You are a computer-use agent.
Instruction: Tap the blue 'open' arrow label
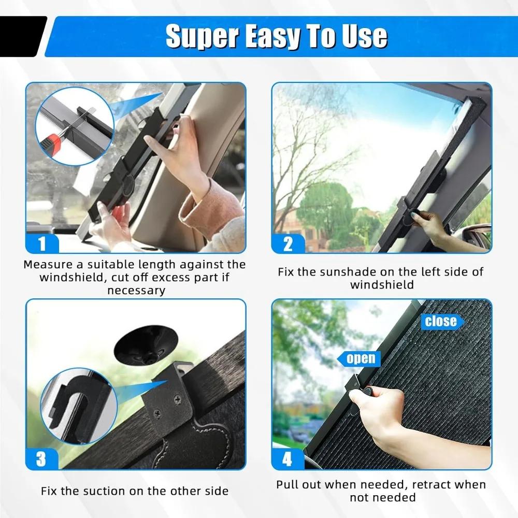point(360,358)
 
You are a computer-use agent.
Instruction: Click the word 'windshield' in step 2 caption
point(382,285)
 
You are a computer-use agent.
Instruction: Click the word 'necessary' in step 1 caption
point(136,291)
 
